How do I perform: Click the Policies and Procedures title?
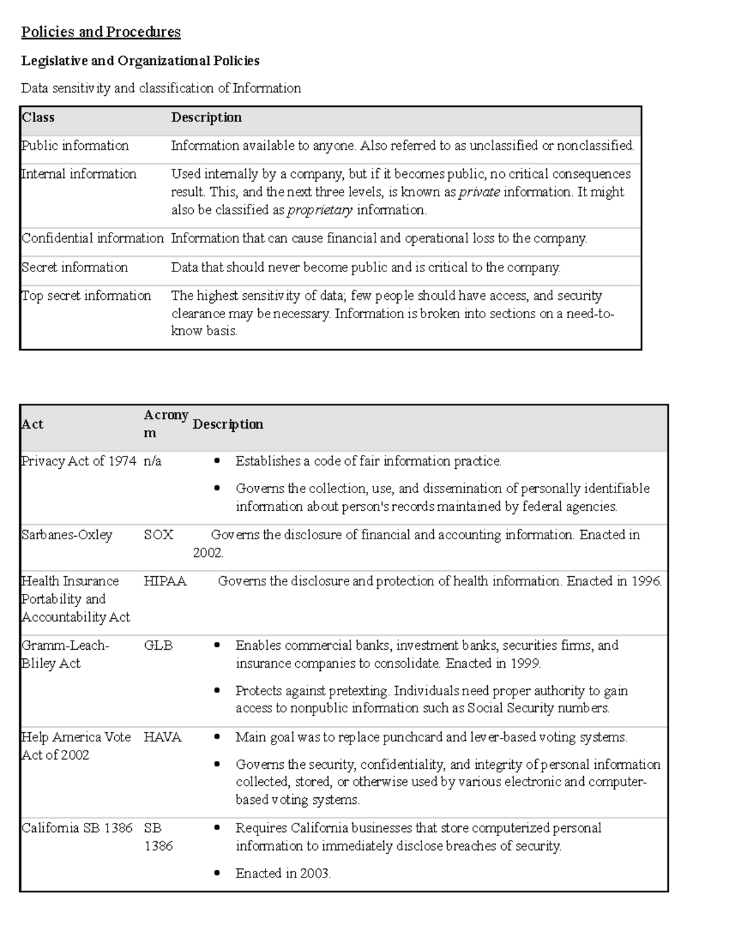tap(101, 32)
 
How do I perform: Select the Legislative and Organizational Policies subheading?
tap(140, 61)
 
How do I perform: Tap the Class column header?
tap(38, 117)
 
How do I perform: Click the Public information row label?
tap(75, 146)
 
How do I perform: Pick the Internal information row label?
tap(79, 174)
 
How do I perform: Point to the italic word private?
tap(479, 192)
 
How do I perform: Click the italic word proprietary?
tap(320, 210)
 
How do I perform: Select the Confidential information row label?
tap(93, 238)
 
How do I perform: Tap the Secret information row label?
tap(75, 267)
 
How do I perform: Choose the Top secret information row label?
tap(86, 296)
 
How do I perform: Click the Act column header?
tap(33, 424)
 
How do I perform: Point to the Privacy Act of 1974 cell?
tap(79, 461)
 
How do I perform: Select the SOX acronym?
tap(159, 535)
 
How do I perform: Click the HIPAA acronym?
tap(165, 581)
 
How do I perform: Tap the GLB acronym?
tap(158, 645)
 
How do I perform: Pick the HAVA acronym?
tap(163, 737)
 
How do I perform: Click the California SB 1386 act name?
tap(77, 828)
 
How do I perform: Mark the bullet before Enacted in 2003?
tap(217, 873)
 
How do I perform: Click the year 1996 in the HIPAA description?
tap(646, 581)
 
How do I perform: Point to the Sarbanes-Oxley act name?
tap(67, 535)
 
